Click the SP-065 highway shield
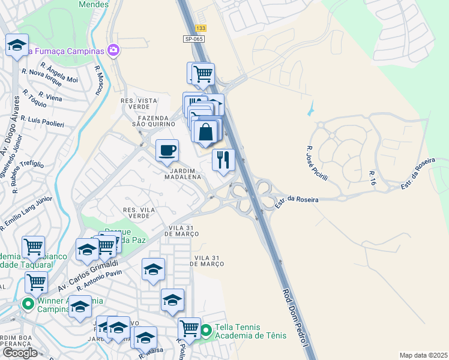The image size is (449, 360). click(x=194, y=39)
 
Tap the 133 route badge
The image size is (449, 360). click(x=200, y=28)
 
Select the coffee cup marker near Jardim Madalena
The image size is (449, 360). click(x=167, y=150)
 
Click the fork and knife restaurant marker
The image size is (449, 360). click(x=223, y=160)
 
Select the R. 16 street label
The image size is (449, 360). click(x=373, y=177)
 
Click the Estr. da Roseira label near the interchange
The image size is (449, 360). click(x=297, y=200)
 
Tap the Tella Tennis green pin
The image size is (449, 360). click(x=206, y=331)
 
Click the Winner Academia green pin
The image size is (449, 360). click(x=28, y=304)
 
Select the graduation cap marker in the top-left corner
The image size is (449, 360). click(x=17, y=45)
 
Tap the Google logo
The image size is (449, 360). click(x=19, y=353)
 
